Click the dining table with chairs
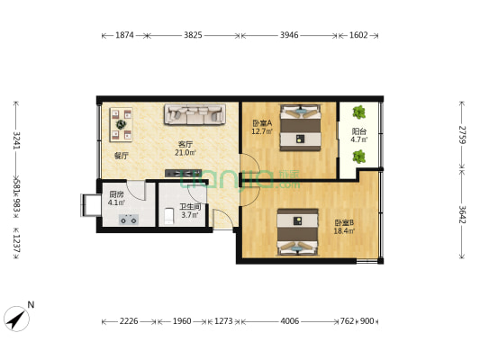coord(121,126)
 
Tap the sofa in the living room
coord(192,114)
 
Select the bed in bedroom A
coord(300,128)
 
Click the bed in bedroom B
coord(298,230)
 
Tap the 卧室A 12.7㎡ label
coord(262,127)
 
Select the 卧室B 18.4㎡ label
coord(344,227)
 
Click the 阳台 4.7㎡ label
coord(358,136)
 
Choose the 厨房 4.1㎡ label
coord(117,198)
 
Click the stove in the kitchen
coord(129,219)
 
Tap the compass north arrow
coord(17,317)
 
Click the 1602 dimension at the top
coord(358,36)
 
